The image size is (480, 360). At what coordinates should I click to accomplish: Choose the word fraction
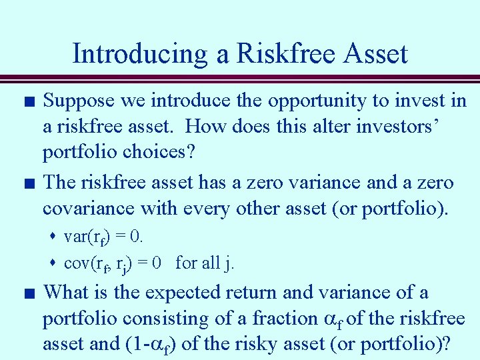281,318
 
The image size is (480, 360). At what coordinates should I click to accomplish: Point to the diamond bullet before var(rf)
55,237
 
